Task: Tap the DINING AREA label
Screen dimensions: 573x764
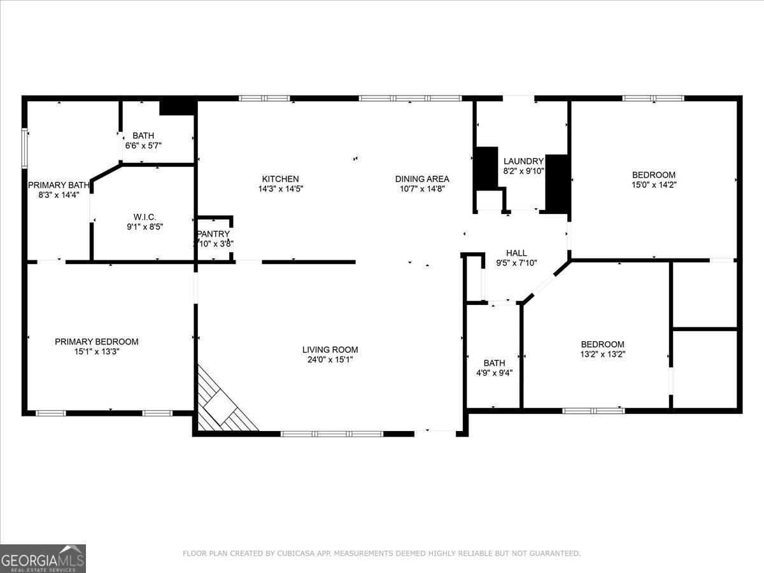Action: tap(422, 179)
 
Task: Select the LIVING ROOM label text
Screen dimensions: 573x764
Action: tap(330, 350)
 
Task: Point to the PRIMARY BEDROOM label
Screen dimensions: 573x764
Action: tap(96, 342)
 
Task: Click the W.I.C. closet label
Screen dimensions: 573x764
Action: tap(145, 217)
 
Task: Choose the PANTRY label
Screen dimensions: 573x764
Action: tap(213, 234)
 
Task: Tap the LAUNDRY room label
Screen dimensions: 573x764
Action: tap(523, 161)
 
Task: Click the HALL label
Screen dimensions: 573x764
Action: tap(516, 253)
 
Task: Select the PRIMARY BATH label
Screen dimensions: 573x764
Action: tap(59, 185)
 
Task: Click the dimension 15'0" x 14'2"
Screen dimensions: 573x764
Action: tap(653, 185)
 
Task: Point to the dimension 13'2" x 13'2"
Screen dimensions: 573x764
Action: tap(602, 355)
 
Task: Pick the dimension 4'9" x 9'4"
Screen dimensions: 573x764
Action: tap(494, 374)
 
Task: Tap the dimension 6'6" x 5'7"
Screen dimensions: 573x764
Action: tap(143, 145)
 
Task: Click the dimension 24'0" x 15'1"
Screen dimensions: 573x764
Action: tap(330, 360)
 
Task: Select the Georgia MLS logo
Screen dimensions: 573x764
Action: tap(43, 558)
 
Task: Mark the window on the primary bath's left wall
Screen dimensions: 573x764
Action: tap(25, 148)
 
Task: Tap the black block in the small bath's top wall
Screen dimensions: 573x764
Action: tap(176, 107)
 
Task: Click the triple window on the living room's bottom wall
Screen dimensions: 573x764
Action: tap(332, 434)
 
